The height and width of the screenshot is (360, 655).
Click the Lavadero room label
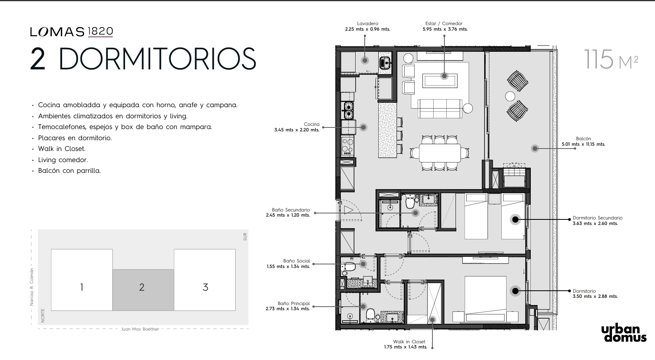tap(368, 23)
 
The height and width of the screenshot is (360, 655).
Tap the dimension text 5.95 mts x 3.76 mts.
tap(445, 29)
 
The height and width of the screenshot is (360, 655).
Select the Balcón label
tap(583, 139)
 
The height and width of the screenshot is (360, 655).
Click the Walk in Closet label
tap(409, 342)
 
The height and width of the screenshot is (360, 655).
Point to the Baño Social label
tap(297, 261)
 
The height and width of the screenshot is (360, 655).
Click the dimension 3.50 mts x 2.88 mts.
tap(595, 296)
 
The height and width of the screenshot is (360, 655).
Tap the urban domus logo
tap(624, 334)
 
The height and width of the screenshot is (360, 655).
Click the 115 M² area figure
tap(611, 59)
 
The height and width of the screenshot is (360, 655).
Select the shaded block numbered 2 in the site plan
tap(143, 290)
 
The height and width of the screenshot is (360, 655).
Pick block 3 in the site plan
tap(205, 280)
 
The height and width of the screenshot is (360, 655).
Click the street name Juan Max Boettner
tap(140, 329)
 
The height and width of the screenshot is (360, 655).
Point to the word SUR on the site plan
tap(245, 237)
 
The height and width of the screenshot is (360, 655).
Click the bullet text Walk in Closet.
tap(62, 149)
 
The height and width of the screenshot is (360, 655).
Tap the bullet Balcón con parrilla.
tap(69, 170)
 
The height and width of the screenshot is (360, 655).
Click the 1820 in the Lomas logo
tap(100, 31)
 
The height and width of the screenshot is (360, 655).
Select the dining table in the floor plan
tap(440, 153)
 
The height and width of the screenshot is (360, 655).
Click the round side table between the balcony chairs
tap(510, 96)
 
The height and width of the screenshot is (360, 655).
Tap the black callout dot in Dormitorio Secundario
tap(515, 219)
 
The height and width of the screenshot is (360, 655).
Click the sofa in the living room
tap(440, 108)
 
